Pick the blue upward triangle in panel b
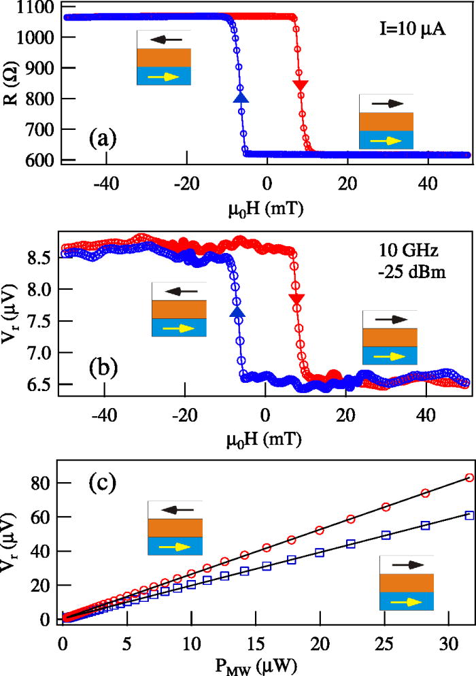pyautogui.click(x=237, y=311)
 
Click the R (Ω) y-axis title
pyautogui.click(x=12, y=78)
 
